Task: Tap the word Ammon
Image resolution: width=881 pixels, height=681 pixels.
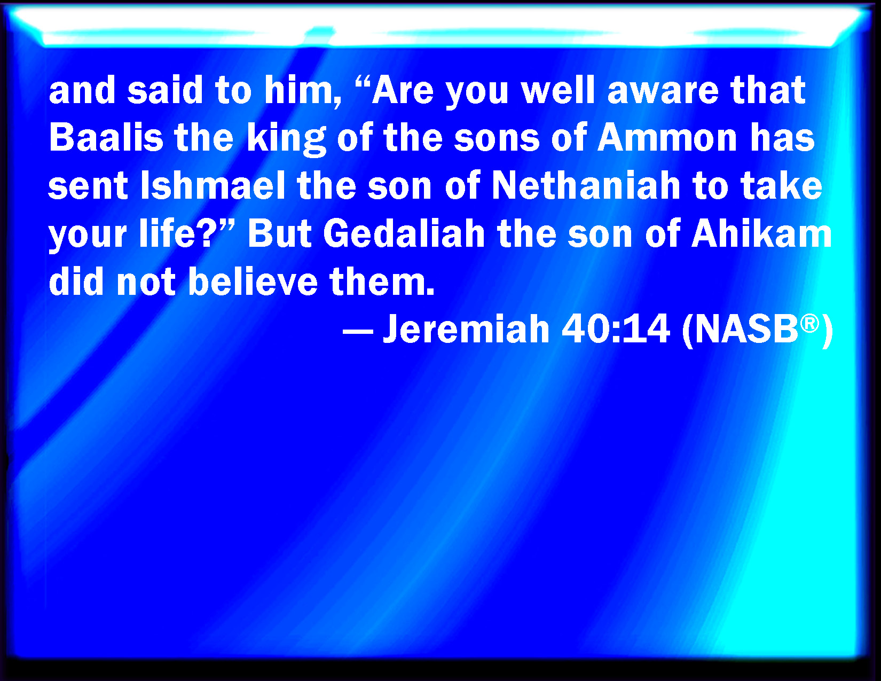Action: click(x=667, y=137)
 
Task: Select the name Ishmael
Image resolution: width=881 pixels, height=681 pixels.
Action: click(x=213, y=185)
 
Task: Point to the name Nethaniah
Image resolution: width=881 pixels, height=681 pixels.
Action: click(x=586, y=185)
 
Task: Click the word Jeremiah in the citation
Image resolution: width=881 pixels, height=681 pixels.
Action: click(x=466, y=328)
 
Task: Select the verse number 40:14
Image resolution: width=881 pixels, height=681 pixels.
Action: click(x=616, y=328)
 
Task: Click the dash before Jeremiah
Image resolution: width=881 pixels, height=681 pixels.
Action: click(x=358, y=331)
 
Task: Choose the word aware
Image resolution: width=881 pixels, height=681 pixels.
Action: click(x=663, y=92)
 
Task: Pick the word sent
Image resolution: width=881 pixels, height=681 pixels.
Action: click(x=88, y=186)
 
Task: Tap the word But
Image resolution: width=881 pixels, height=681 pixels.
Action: click(x=280, y=233)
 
